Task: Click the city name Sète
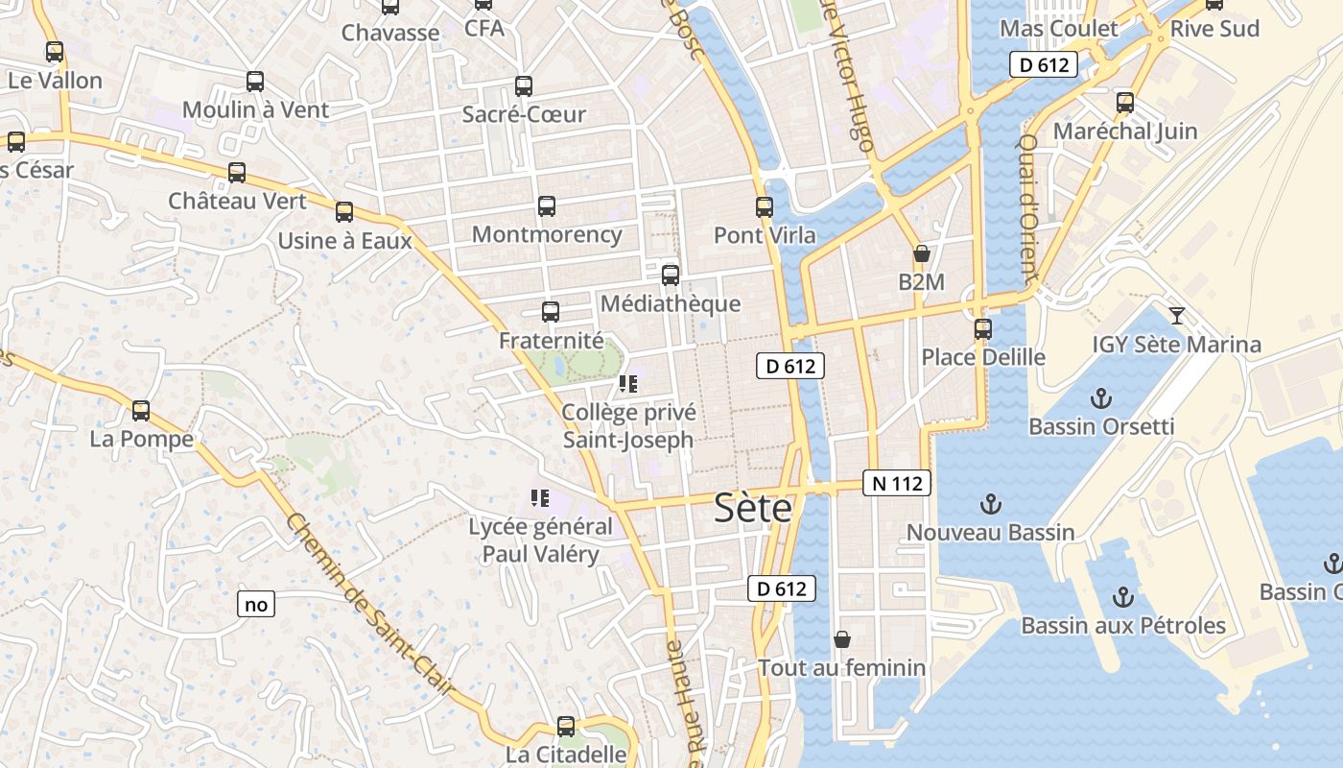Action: click(x=753, y=509)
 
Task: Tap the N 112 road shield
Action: click(x=897, y=484)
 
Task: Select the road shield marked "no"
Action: click(x=256, y=605)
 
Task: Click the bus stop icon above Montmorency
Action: click(x=547, y=206)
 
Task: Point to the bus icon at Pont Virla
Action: click(x=765, y=207)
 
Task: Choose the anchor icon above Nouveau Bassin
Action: click(x=990, y=504)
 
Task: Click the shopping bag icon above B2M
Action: click(x=922, y=254)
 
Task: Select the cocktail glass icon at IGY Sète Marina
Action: click(x=1177, y=316)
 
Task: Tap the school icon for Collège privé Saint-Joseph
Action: click(x=628, y=385)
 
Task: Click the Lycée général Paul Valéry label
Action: click(x=540, y=540)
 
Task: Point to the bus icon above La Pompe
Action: click(x=141, y=411)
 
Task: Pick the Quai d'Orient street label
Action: click(x=1027, y=207)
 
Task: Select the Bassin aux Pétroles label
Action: click(x=1123, y=626)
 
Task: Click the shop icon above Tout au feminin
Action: click(x=842, y=639)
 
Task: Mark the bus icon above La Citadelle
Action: click(x=566, y=727)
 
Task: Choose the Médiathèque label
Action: click(x=671, y=304)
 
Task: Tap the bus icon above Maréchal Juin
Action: click(x=1125, y=102)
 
